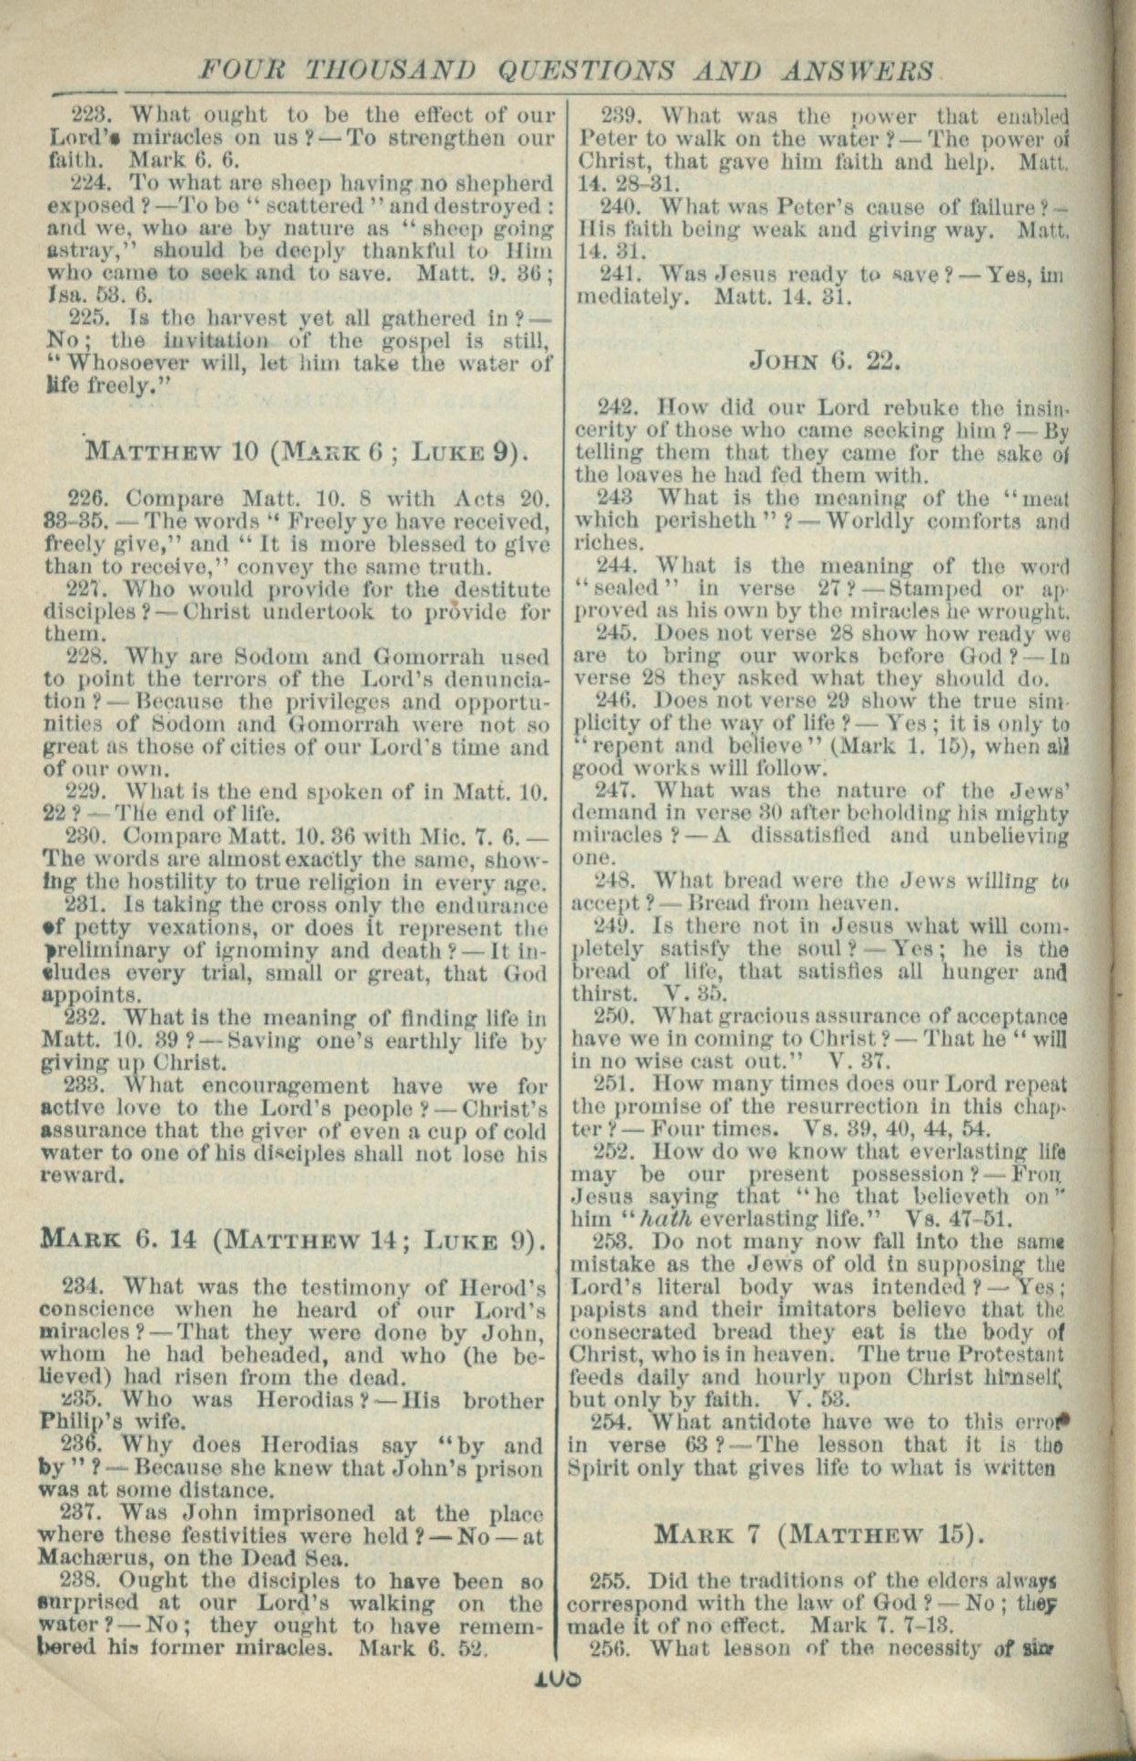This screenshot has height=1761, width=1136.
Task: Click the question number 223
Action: pos(90,116)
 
